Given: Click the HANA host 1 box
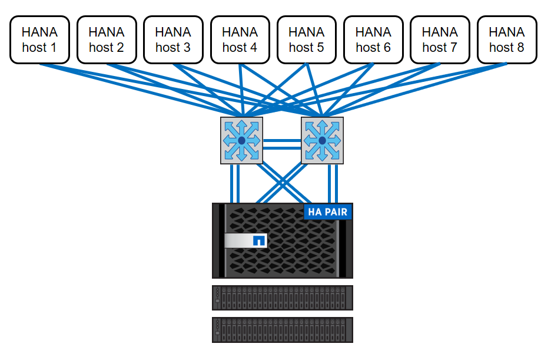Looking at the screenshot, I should click(39, 39).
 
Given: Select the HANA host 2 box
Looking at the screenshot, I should click(107, 39).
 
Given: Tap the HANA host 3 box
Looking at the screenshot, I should click(173, 39).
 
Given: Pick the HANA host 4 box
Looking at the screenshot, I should click(240, 39).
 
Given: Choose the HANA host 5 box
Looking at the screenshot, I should click(306, 39).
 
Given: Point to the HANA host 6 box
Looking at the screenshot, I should click(373, 39).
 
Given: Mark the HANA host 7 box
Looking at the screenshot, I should click(440, 39).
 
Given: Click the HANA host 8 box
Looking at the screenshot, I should click(506, 39).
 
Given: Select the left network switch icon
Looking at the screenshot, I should click(241, 140).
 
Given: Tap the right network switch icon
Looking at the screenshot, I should click(322, 140).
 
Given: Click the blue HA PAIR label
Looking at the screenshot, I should click(327, 212).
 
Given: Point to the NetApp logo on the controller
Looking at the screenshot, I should click(258, 240).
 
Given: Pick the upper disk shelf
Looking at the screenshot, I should click(283, 298).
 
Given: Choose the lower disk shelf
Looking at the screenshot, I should click(283, 330).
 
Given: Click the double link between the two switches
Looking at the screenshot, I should click(281, 144).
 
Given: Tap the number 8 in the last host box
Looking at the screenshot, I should click(520, 48).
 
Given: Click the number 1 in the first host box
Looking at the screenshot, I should click(53, 48).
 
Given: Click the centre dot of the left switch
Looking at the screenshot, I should click(241, 140).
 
